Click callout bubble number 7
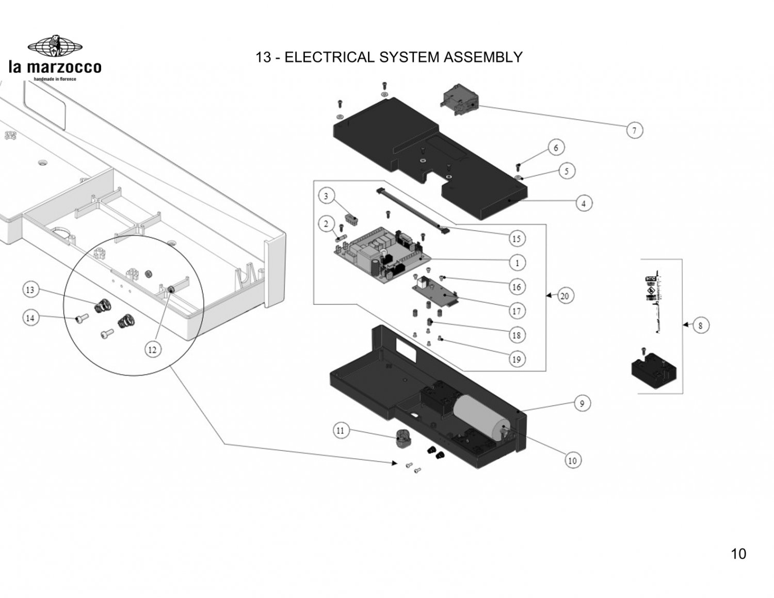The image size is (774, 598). point(634,130)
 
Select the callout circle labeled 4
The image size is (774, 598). point(584,203)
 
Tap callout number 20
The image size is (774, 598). point(565,296)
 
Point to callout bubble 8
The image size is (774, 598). point(700,326)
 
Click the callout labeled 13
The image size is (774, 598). point(30,290)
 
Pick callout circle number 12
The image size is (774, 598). point(152,349)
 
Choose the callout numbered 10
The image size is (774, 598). point(572,460)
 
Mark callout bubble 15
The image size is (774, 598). point(517,238)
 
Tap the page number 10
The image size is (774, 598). point(738,554)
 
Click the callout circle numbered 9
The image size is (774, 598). point(582,403)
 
